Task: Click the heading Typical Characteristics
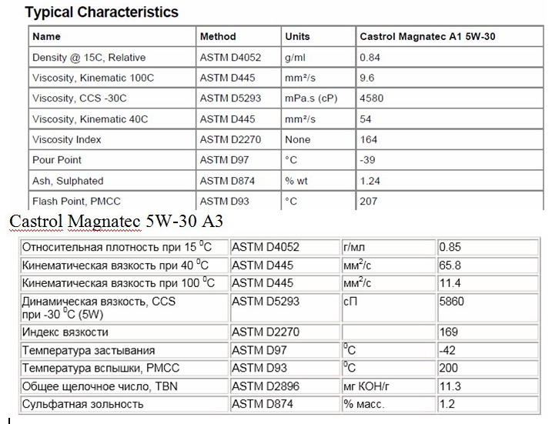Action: point(102,12)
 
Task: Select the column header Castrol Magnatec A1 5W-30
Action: point(422,36)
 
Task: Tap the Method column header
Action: point(218,36)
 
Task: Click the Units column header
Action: point(297,36)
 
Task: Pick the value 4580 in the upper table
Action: point(371,98)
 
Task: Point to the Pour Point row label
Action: point(56,160)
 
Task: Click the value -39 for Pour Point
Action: point(366,160)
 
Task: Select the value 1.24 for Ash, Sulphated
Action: point(370,181)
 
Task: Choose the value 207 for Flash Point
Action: point(368,202)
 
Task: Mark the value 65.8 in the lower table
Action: point(450,265)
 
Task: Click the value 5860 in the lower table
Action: point(451,302)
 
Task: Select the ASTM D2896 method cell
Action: point(266,386)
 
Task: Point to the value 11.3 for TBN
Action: point(450,386)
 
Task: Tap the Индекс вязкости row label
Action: point(65,332)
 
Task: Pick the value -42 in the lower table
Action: point(447,350)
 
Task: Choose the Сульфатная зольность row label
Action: point(82,404)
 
